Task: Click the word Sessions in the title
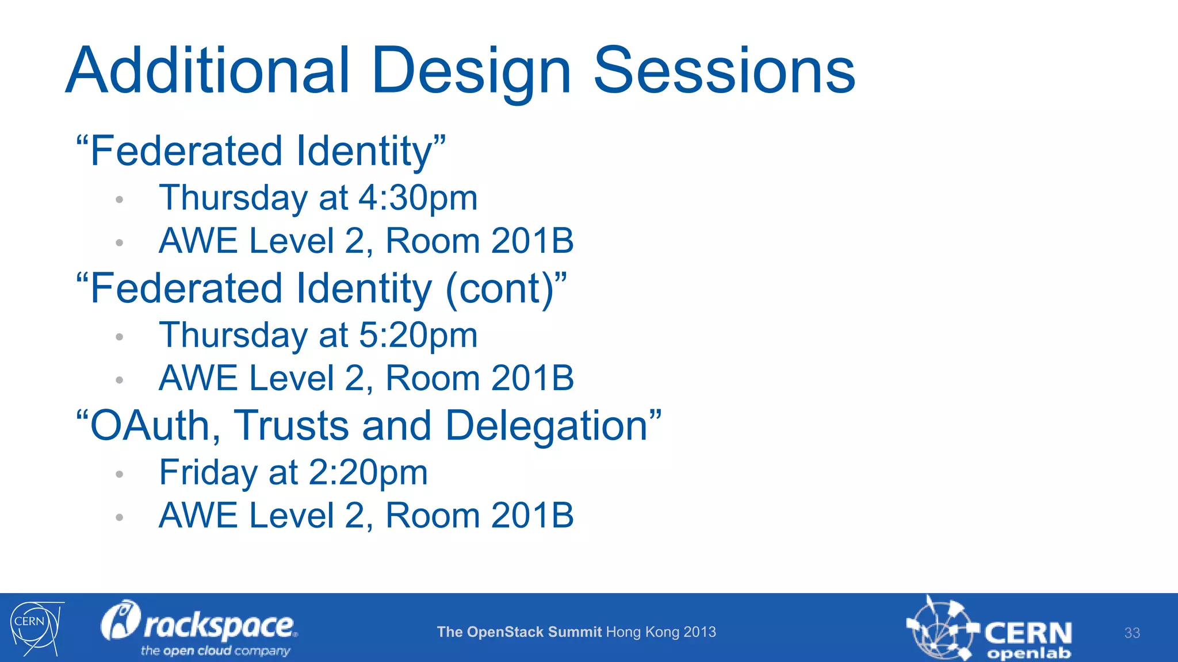(724, 71)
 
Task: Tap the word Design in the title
(472, 72)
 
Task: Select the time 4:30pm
(418, 198)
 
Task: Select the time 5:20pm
(418, 336)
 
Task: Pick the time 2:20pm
(368, 473)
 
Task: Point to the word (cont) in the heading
(500, 289)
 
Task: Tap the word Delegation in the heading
(547, 426)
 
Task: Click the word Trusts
(292, 426)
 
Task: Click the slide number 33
(1132, 633)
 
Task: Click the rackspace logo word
(219, 626)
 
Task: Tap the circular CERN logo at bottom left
(35, 628)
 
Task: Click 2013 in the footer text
(700, 632)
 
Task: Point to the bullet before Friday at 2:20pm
(120, 475)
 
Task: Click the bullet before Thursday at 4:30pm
(120, 200)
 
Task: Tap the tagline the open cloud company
(215, 651)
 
